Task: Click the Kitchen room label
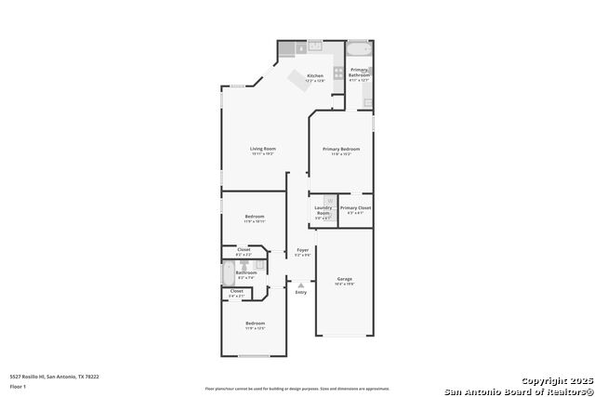[x=315, y=75]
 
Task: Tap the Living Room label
[x=263, y=149]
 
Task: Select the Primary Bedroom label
[x=341, y=149]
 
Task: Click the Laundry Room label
[x=323, y=210]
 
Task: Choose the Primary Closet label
[x=355, y=207]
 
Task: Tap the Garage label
[x=344, y=279]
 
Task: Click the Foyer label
[x=302, y=250]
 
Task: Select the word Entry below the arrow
[x=300, y=293]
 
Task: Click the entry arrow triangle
[x=300, y=285]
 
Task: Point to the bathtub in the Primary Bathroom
[x=359, y=49]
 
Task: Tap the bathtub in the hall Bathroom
[x=230, y=274]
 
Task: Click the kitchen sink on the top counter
[x=315, y=46]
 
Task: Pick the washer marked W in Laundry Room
[x=329, y=200]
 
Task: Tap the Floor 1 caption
[x=17, y=385]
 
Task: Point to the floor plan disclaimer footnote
[x=297, y=388]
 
